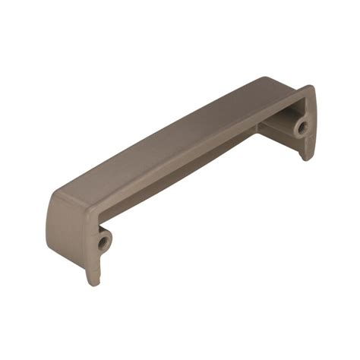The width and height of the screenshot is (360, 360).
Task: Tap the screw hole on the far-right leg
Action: click(x=302, y=126)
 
